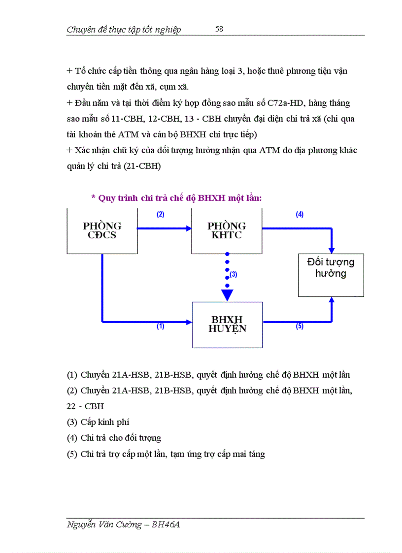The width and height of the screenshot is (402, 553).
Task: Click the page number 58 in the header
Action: click(219, 29)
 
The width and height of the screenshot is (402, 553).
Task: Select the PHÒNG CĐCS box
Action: click(102, 231)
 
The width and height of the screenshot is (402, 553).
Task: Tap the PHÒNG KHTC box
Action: click(227, 231)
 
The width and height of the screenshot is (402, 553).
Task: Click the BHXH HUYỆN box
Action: click(227, 325)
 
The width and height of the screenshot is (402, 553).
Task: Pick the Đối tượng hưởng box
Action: click(331, 274)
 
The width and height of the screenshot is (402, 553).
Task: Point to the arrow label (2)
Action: click(160, 215)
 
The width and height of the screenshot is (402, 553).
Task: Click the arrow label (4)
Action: click(300, 215)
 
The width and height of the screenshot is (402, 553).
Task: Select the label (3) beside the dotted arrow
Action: click(234, 275)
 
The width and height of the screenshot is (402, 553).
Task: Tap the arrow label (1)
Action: click(160, 326)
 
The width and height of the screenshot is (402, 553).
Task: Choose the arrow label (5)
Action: click(300, 326)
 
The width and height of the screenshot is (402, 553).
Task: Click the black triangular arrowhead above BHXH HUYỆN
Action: click(227, 295)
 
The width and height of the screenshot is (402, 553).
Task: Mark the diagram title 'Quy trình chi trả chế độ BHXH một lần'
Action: click(176, 198)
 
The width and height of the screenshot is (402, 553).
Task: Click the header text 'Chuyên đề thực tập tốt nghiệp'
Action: click(124, 30)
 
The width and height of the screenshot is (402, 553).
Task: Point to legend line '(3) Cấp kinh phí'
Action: click(98, 422)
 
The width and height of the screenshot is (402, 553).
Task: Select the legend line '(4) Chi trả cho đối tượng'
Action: click(114, 438)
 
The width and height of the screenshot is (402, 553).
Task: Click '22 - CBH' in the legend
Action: click(85, 406)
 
